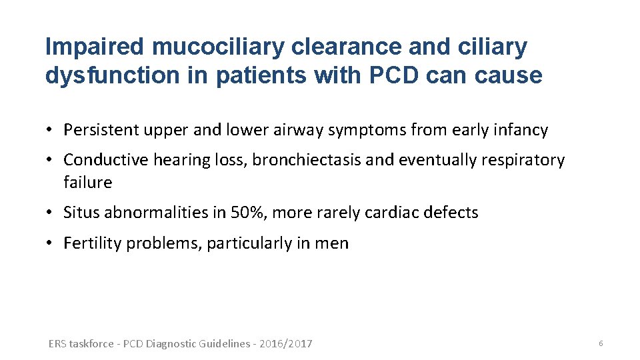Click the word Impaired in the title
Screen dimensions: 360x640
[x=94, y=47]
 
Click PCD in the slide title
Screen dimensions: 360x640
[x=391, y=75]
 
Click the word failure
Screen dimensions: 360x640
[x=87, y=182]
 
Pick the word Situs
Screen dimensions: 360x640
[x=79, y=213]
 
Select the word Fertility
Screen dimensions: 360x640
[x=92, y=243]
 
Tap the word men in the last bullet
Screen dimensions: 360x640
[x=334, y=243]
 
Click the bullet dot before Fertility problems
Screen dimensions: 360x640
[x=51, y=243]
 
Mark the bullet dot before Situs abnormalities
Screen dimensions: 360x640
[x=51, y=213]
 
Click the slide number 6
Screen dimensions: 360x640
[x=600, y=343]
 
